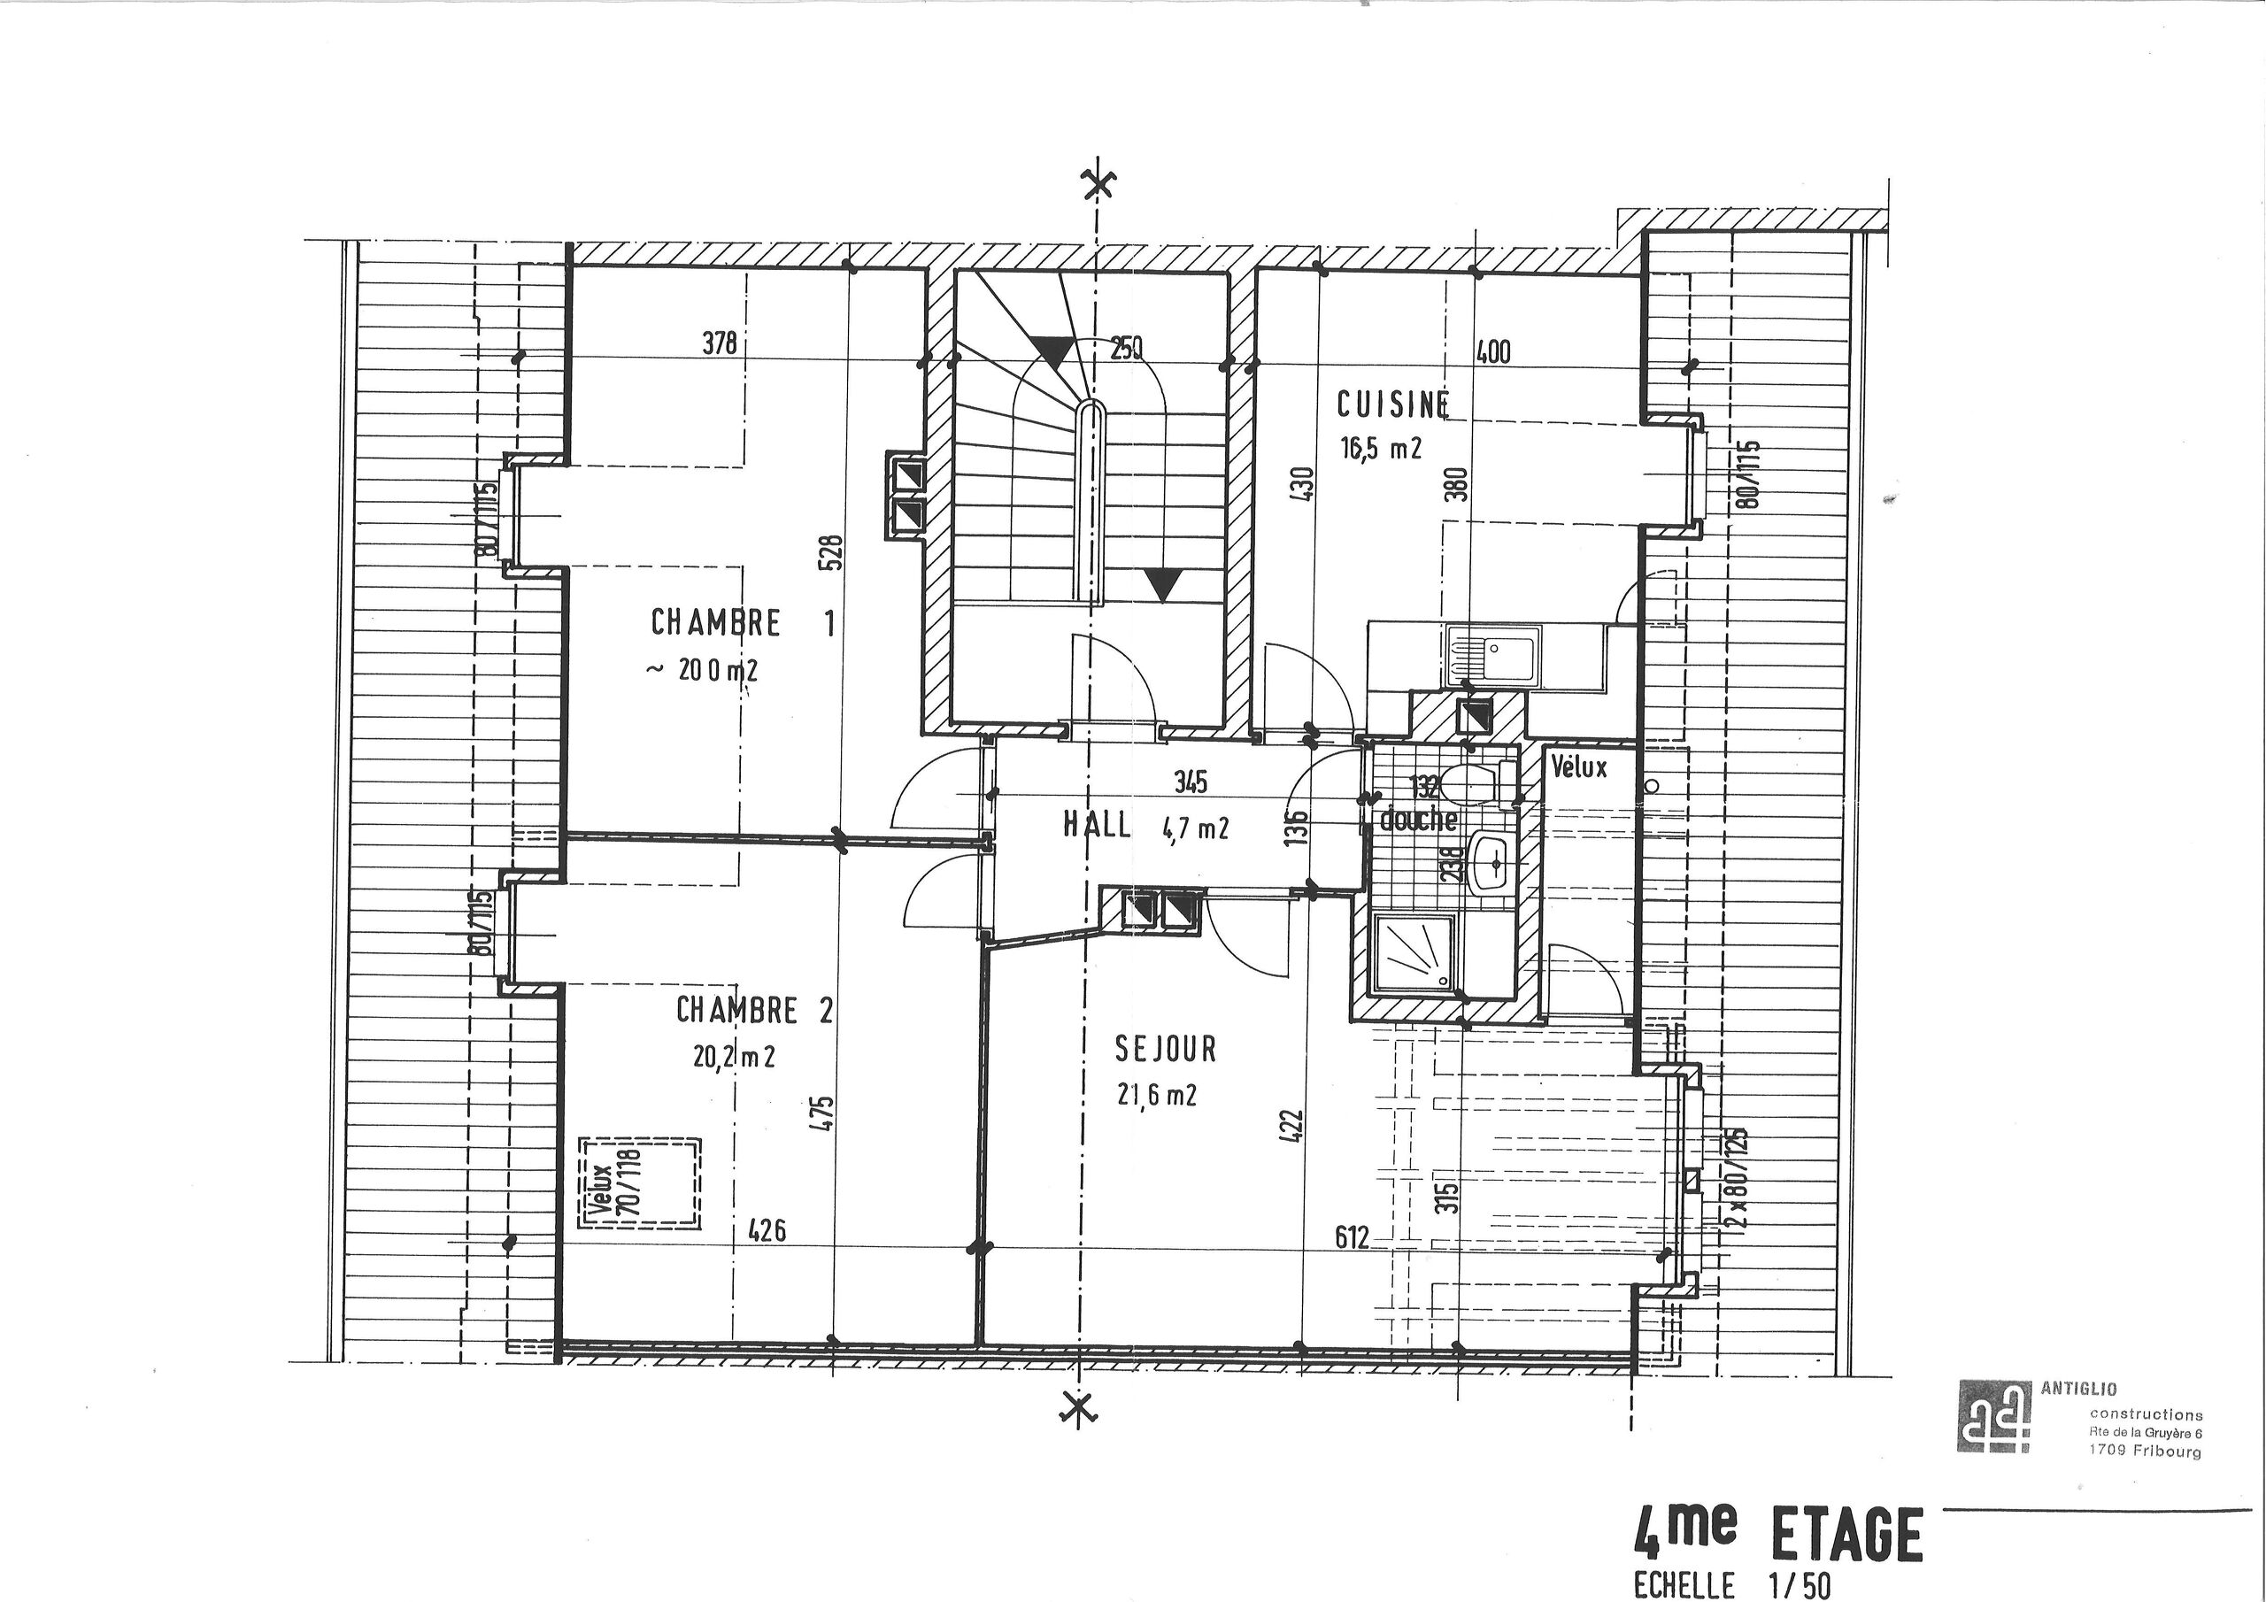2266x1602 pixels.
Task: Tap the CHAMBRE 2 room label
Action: click(x=754, y=1010)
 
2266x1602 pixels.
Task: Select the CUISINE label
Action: click(x=1392, y=404)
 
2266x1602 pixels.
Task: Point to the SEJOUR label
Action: click(x=1166, y=1048)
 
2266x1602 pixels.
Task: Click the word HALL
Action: click(x=1097, y=825)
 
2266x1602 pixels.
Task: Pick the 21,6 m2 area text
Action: click(x=1156, y=1094)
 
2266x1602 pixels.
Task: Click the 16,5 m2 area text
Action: click(x=1380, y=449)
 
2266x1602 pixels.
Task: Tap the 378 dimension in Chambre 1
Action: click(x=720, y=343)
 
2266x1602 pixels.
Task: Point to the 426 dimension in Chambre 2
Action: click(x=766, y=1231)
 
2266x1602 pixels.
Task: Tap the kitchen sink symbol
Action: click(x=1491, y=657)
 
